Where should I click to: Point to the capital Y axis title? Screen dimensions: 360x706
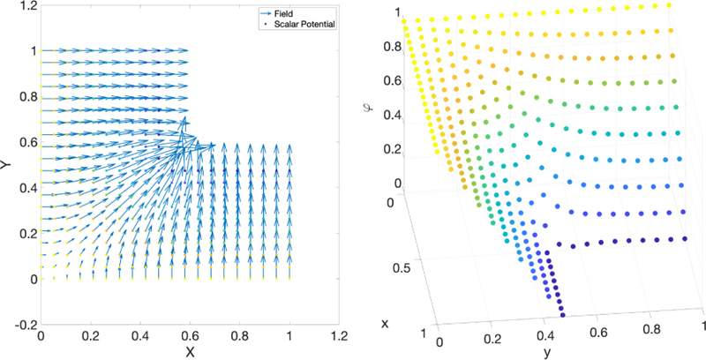(6, 165)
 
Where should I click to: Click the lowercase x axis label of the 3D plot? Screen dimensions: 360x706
(386, 324)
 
